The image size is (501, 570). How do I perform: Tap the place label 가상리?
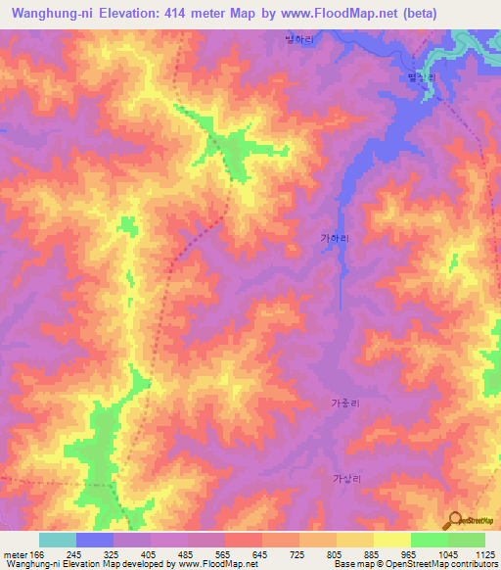(x=346, y=478)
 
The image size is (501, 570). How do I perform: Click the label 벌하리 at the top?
(x=297, y=39)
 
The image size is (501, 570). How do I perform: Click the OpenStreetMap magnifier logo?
(x=456, y=520)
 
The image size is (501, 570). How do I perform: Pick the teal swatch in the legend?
(x=58, y=540)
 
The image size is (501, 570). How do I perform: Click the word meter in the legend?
(x=15, y=553)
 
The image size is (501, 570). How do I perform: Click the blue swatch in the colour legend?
(x=95, y=540)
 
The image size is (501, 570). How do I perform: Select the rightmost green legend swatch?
(x=467, y=540)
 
